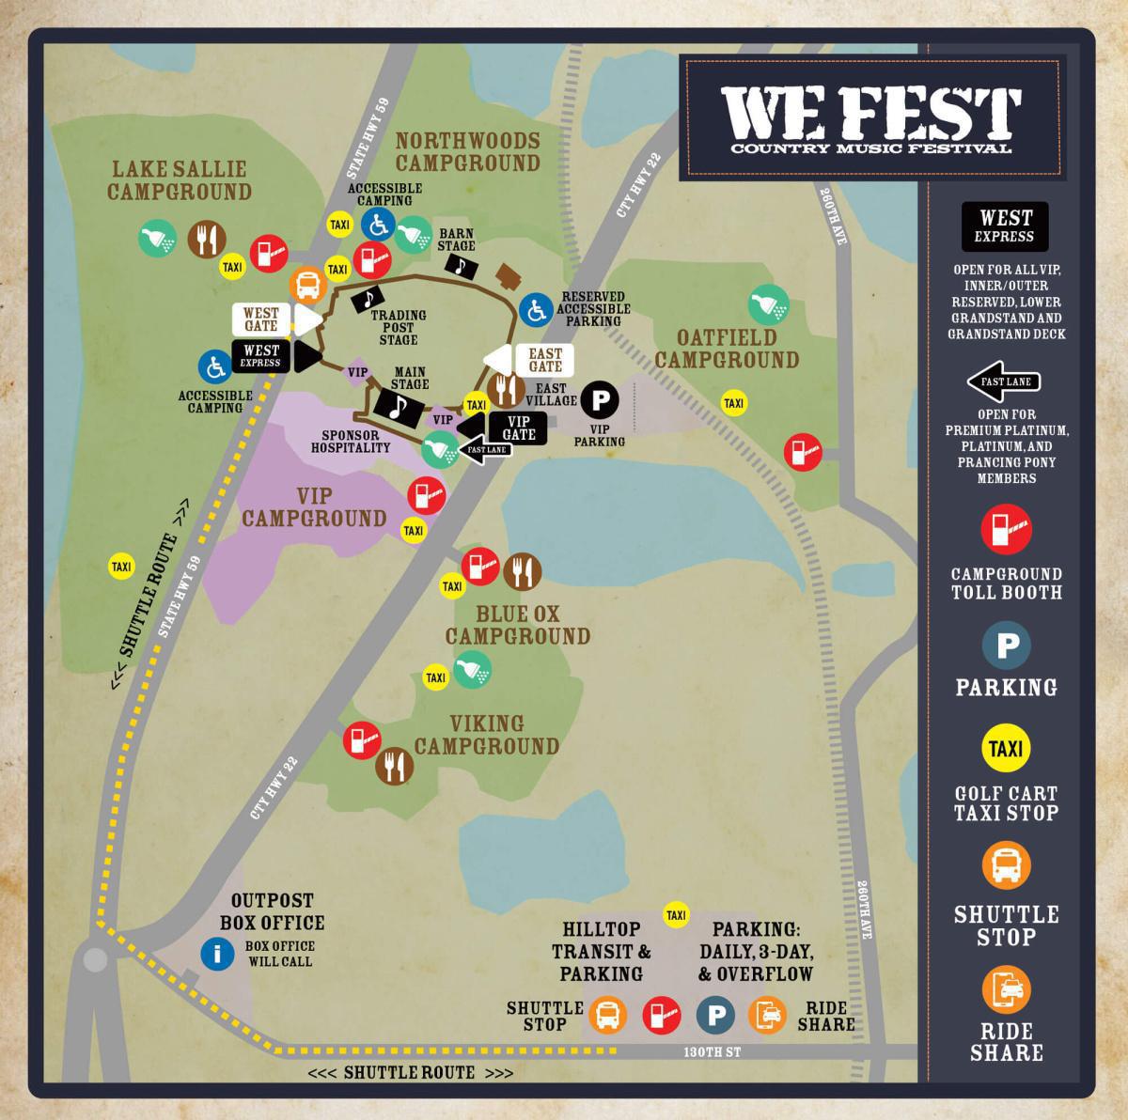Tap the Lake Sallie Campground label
pyautogui.click(x=179, y=180)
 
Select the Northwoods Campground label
pyautogui.click(x=467, y=151)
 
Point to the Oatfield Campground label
pyautogui.click(x=727, y=349)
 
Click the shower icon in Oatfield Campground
pyautogui.click(x=767, y=303)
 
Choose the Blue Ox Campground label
pyautogui.click(x=517, y=625)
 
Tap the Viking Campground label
pyautogui.click(x=487, y=735)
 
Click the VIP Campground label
pyautogui.click(x=314, y=506)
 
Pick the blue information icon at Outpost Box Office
pyautogui.click(x=218, y=955)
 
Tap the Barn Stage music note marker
pyautogui.click(x=461, y=266)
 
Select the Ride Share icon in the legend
pyautogui.click(x=1007, y=989)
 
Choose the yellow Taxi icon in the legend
pyautogui.click(x=1007, y=749)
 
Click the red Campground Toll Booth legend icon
pyautogui.click(x=1007, y=528)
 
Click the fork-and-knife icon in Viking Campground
pyautogui.click(x=394, y=767)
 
